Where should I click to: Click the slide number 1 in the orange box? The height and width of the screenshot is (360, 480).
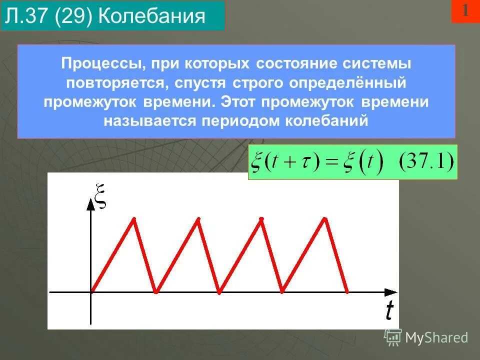pos(465,11)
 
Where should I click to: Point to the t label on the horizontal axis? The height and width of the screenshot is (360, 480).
pos(389,311)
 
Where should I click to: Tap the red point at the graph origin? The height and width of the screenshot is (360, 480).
pos(91,291)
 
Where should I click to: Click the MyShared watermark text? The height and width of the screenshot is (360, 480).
pos(436,338)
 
